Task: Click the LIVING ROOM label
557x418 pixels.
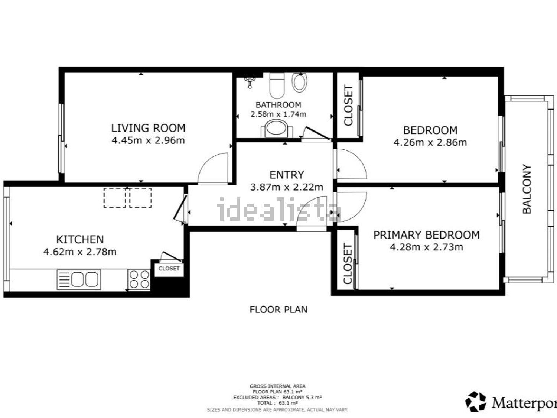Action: (x=149, y=128)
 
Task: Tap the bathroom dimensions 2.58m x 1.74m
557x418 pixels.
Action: (x=278, y=114)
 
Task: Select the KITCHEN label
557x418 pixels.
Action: (x=80, y=239)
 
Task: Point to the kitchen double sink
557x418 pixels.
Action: (x=79, y=279)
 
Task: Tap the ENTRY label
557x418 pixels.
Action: (x=287, y=175)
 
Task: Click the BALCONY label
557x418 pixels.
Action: (x=527, y=189)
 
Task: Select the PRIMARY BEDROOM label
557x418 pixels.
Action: (x=427, y=235)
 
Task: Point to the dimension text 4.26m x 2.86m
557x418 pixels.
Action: (x=430, y=142)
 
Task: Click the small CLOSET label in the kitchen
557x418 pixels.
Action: (x=169, y=268)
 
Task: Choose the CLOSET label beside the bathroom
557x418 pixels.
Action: (x=348, y=105)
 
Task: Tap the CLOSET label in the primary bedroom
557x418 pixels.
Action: (x=348, y=263)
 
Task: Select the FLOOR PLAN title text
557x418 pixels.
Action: (x=278, y=310)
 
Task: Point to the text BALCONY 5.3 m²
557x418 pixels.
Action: (x=302, y=398)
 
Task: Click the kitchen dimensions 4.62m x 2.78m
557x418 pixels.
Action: (x=80, y=252)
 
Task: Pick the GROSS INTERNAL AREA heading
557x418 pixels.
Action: (x=278, y=386)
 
